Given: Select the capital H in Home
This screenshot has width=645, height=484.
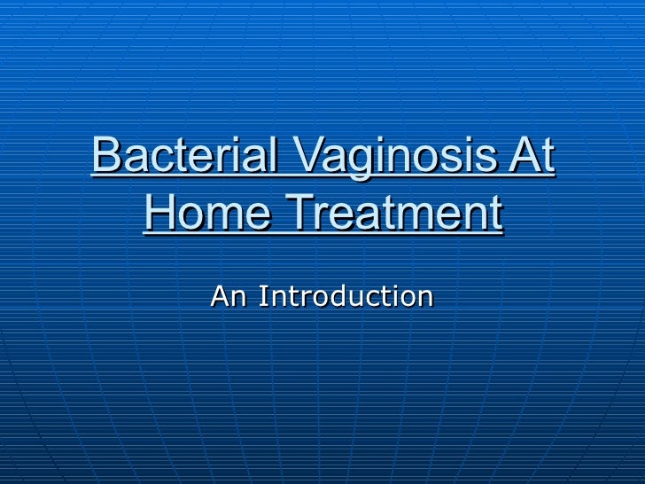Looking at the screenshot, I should pyautogui.click(x=158, y=214).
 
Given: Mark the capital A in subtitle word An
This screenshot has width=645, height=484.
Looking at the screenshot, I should pyautogui.click(x=220, y=295).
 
